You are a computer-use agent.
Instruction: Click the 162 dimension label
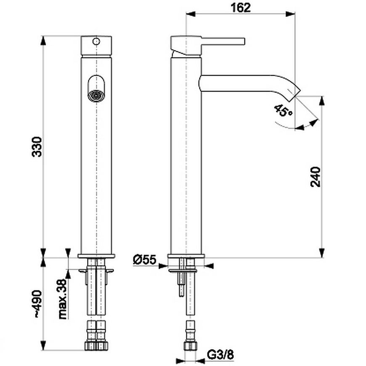pos(241,8)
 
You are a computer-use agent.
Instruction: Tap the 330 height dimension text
pos(37,147)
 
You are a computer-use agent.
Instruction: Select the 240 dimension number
pos(316,177)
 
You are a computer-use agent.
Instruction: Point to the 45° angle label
pos(283,111)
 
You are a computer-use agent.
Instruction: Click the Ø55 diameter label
pos(144,260)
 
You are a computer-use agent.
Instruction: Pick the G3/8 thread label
pos(220,355)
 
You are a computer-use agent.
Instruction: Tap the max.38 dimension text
pos(63,299)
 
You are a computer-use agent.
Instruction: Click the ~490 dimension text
pos(37,304)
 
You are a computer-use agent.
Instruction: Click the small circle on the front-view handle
pos(96,42)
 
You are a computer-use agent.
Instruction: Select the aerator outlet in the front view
pos(96,96)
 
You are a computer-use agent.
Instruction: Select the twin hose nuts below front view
pos(96,345)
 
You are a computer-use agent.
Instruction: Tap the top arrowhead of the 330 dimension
pos(43,41)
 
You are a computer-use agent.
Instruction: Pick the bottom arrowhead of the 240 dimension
pos(322,252)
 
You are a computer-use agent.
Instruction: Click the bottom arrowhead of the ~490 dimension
pos(43,345)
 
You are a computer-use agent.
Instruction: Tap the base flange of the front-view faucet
pos(96,256)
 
